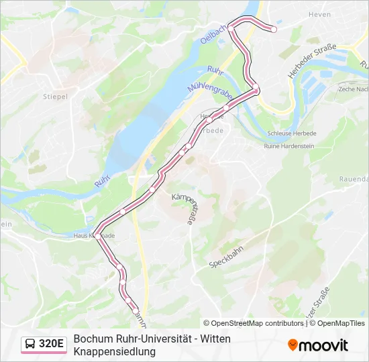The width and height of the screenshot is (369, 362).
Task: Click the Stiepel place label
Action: pyautogui.click(x=55, y=97)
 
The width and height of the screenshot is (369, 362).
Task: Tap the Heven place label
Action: pyautogui.click(x=320, y=14)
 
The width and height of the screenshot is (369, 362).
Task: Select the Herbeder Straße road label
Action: pyautogui.click(x=311, y=62)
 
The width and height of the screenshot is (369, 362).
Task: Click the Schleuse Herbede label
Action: pyautogui.click(x=291, y=133)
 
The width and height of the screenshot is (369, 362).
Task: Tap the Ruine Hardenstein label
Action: pyautogui.click(x=291, y=146)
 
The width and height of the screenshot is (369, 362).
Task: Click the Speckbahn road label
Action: pyautogui.click(x=225, y=255)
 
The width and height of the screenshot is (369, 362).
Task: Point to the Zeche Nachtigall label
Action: pyautogui.click(x=354, y=89)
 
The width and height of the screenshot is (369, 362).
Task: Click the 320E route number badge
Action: pyautogui.click(x=52, y=345)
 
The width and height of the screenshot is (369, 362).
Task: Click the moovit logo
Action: pyautogui.click(x=318, y=345)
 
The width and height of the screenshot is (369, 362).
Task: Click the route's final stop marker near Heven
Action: pyautogui.click(x=274, y=29)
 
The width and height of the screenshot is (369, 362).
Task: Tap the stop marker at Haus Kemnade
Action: pyautogui.click(x=98, y=236)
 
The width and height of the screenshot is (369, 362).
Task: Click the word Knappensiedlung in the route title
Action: pyautogui.click(x=114, y=351)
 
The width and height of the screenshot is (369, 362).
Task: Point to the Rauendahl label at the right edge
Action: pyautogui.click(x=354, y=180)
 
